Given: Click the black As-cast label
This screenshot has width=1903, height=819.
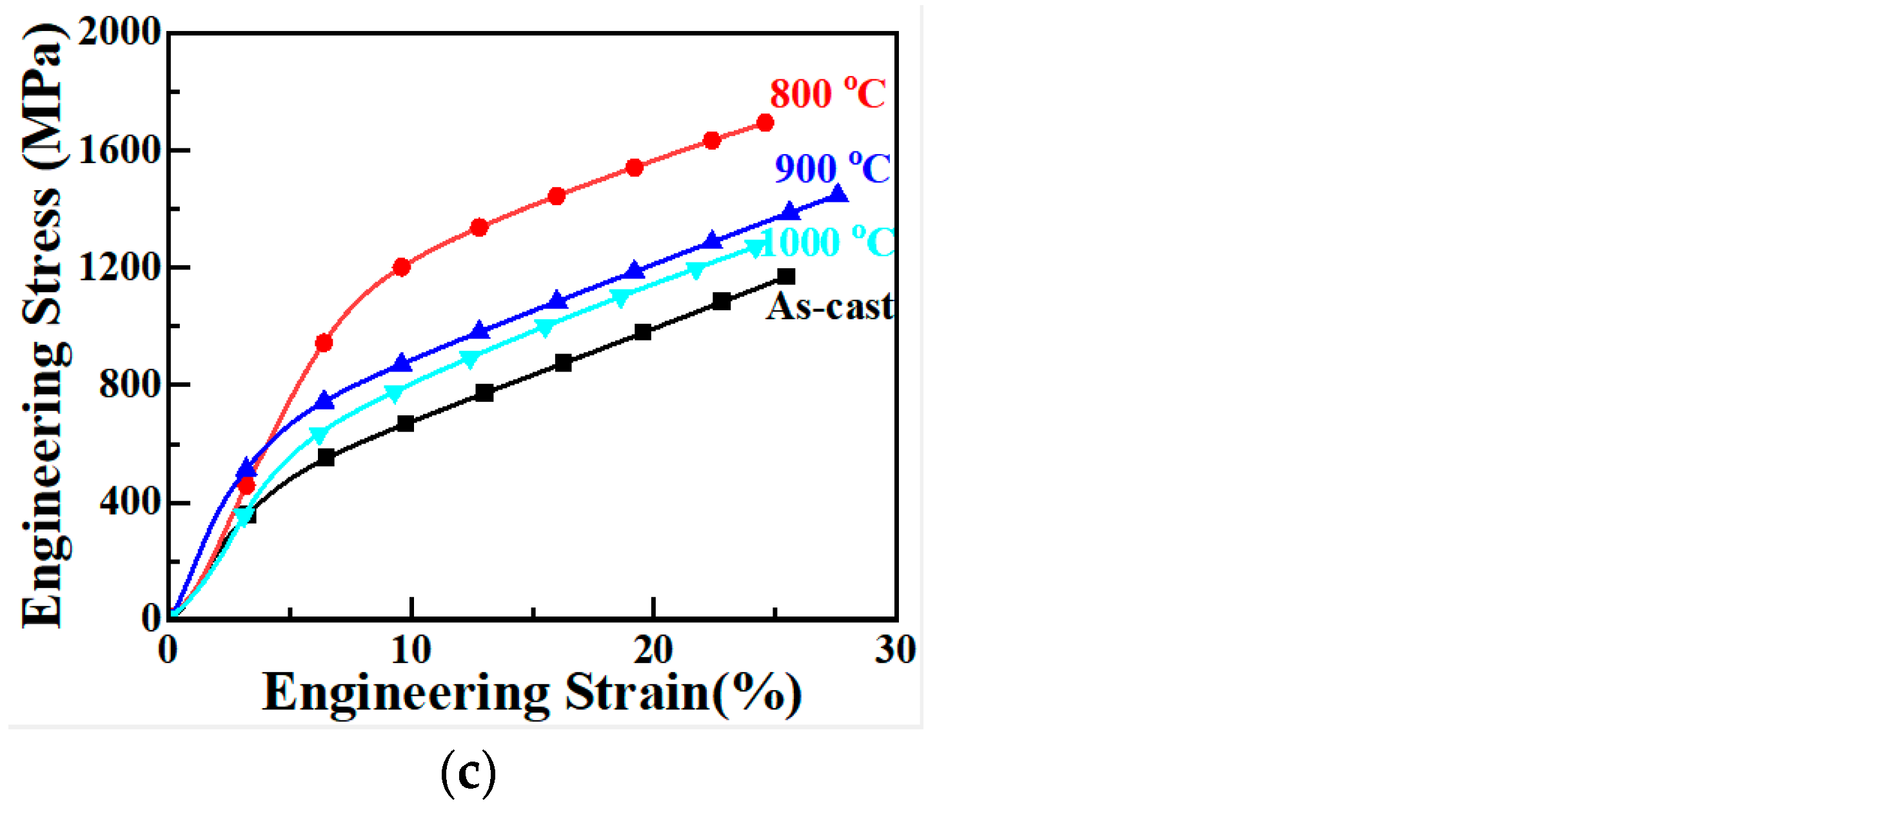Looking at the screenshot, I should [x=829, y=306].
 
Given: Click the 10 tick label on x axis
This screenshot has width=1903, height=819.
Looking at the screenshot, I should [x=410, y=651].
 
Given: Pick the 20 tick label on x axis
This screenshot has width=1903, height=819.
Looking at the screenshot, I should [x=653, y=651].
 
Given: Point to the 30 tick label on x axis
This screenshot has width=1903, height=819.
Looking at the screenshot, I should [x=894, y=651].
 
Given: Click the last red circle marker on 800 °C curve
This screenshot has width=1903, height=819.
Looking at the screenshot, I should [x=765, y=123].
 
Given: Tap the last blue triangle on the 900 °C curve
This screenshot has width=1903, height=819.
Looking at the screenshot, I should [x=838, y=194].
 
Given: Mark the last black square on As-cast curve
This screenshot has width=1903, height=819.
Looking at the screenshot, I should [x=787, y=276].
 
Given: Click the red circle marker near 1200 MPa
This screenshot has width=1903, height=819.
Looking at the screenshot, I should [x=402, y=266].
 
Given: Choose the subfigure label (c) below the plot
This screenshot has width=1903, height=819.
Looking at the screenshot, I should [x=468, y=773].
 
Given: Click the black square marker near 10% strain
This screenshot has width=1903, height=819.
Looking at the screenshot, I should [x=406, y=423].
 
